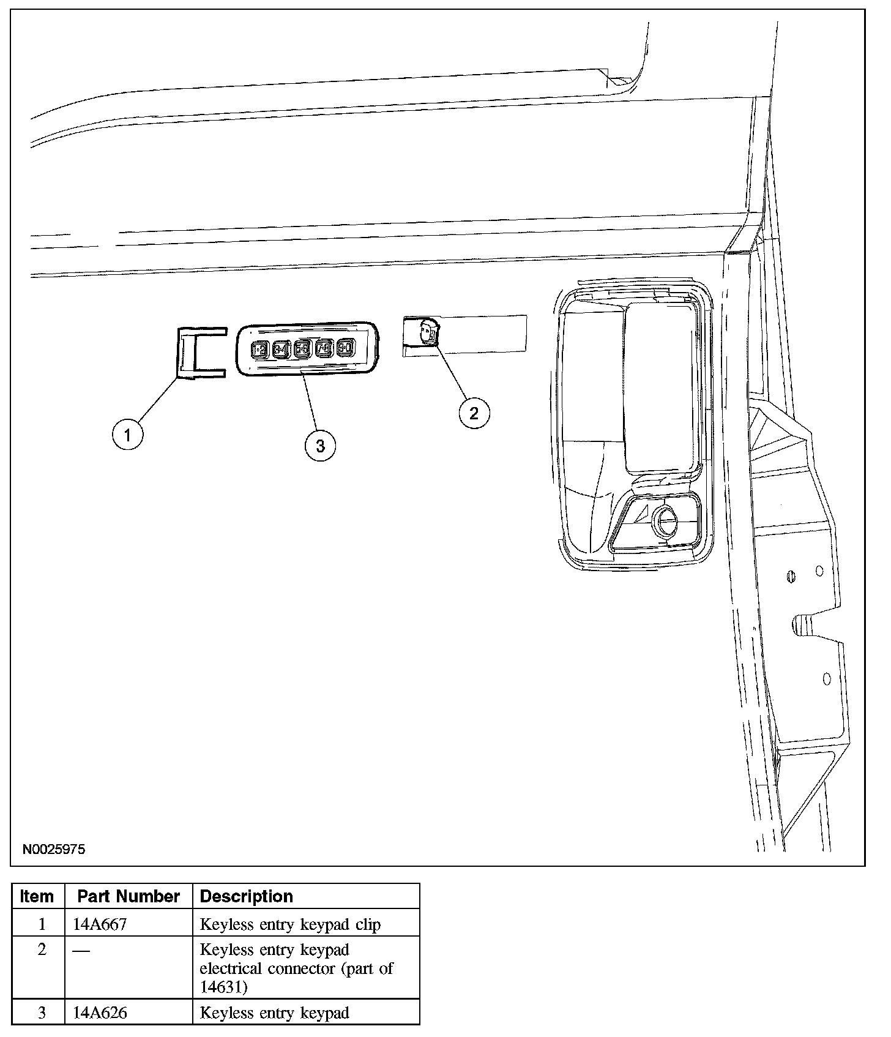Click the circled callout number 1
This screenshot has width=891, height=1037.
[x=127, y=435]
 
